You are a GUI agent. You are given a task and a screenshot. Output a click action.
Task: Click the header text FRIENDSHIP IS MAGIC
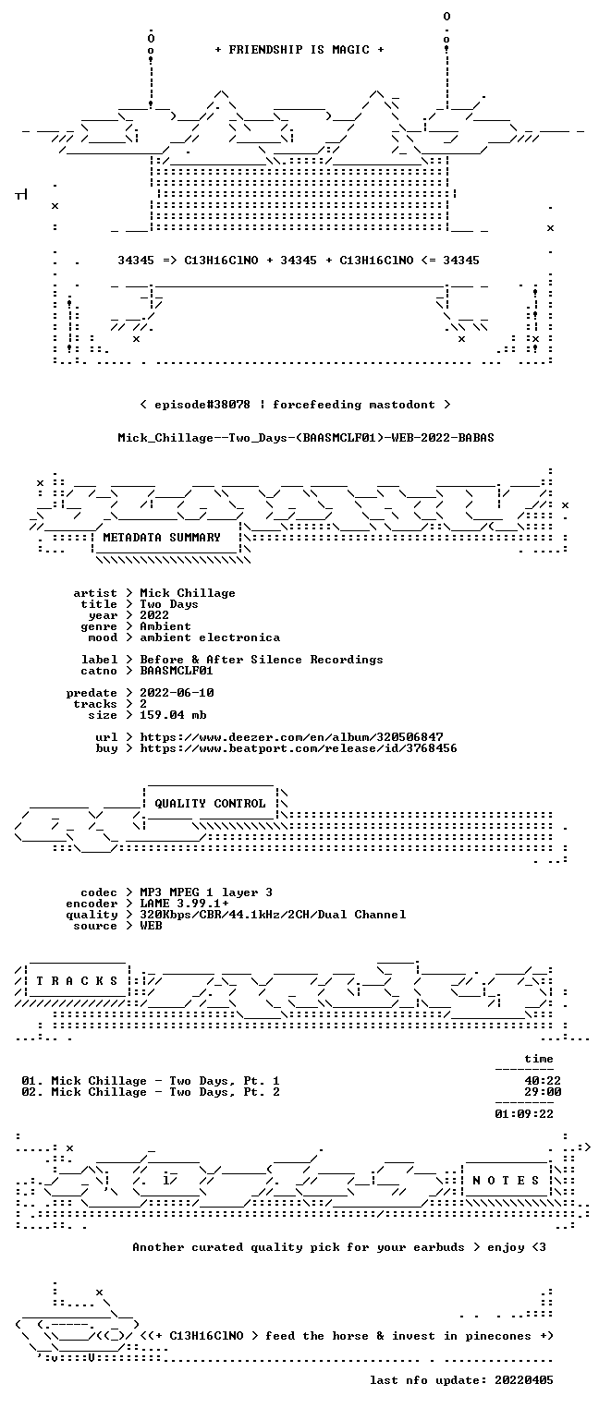point(299,50)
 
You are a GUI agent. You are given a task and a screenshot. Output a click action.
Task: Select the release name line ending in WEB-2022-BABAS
point(306,438)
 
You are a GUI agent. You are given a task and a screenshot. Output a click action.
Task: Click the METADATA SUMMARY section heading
point(162,538)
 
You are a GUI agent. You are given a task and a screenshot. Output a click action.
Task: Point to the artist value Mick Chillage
point(188,593)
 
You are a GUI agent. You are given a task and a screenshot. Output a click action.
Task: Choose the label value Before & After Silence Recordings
point(261,660)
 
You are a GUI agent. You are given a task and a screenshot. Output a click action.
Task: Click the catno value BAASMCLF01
point(177,671)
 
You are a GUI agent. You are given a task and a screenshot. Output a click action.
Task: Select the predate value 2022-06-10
point(177,693)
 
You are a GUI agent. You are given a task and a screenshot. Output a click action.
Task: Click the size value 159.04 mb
point(173,715)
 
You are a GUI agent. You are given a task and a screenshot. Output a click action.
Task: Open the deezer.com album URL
point(291,737)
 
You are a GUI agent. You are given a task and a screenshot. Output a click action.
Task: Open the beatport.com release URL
point(299,748)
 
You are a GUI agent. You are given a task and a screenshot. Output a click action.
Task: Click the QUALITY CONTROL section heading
point(210,804)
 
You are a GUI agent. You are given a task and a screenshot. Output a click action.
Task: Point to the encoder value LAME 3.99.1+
point(184,904)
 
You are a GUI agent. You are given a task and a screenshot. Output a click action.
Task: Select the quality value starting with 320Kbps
point(273,916)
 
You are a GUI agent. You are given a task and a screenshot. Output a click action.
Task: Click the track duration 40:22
point(543,1081)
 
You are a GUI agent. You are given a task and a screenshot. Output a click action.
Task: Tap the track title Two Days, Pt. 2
point(224,1092)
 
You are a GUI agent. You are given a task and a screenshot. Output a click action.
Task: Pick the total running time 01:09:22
point(524,1114)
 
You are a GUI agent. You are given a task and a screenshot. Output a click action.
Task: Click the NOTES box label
point(506,1181)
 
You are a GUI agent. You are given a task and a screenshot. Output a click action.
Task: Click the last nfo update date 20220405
point(524,1380)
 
